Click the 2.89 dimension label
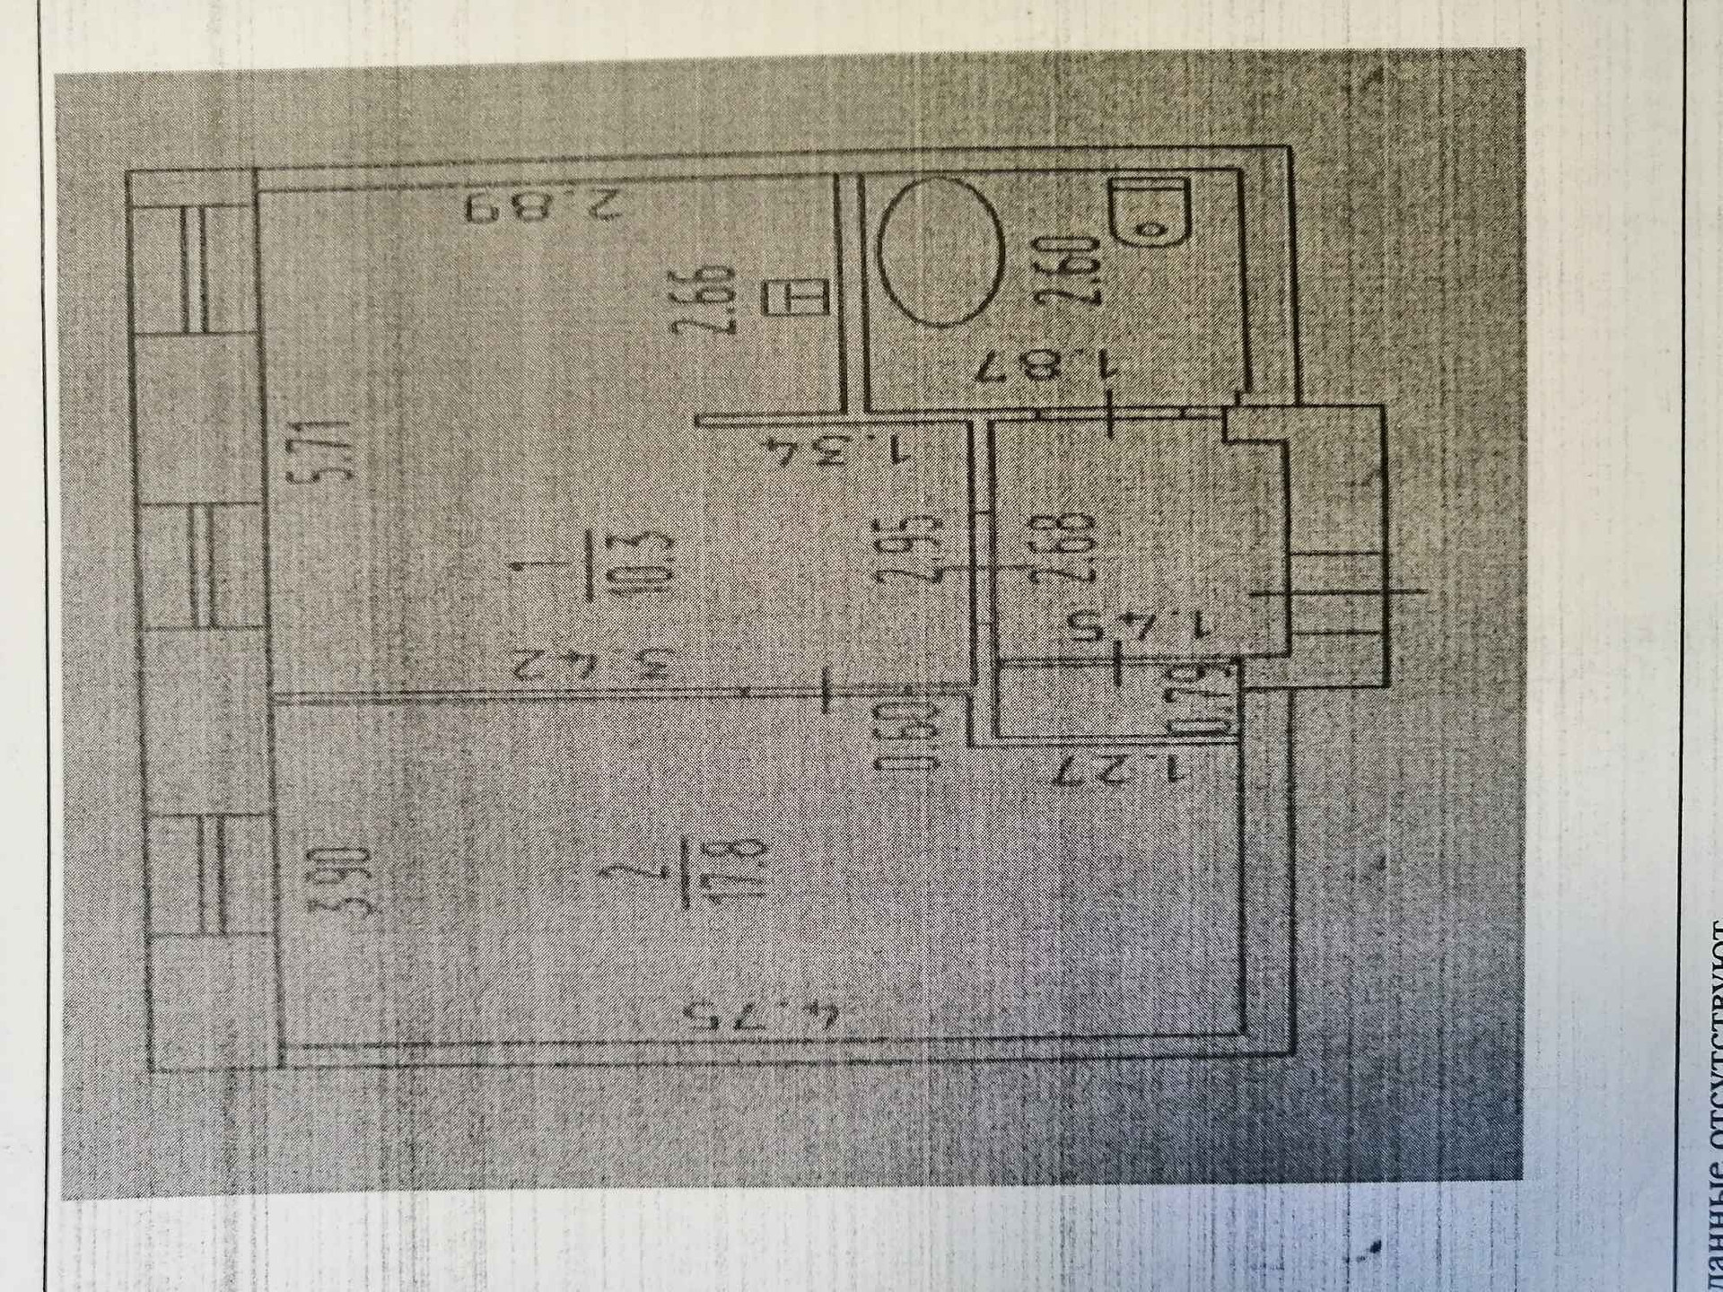point(543,207)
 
